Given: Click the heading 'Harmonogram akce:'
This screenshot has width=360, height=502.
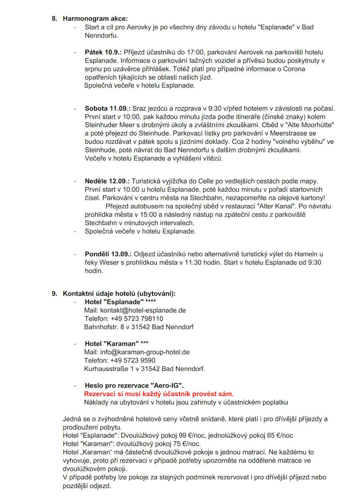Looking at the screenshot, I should (x=95, y=18).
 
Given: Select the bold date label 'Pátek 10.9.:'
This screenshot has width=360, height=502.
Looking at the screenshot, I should (x=103, y=52).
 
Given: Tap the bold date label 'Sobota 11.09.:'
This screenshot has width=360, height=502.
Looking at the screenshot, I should (x=108, y=108).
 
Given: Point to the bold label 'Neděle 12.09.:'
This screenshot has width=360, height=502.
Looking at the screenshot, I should (x=107, y=181).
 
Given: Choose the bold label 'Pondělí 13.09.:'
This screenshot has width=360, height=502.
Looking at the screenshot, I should (x=108, y=254).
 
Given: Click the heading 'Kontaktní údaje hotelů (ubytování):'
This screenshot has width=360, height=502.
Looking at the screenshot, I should (x=119, y=293).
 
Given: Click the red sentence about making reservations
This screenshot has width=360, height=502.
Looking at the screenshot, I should (x=159, y=394).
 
